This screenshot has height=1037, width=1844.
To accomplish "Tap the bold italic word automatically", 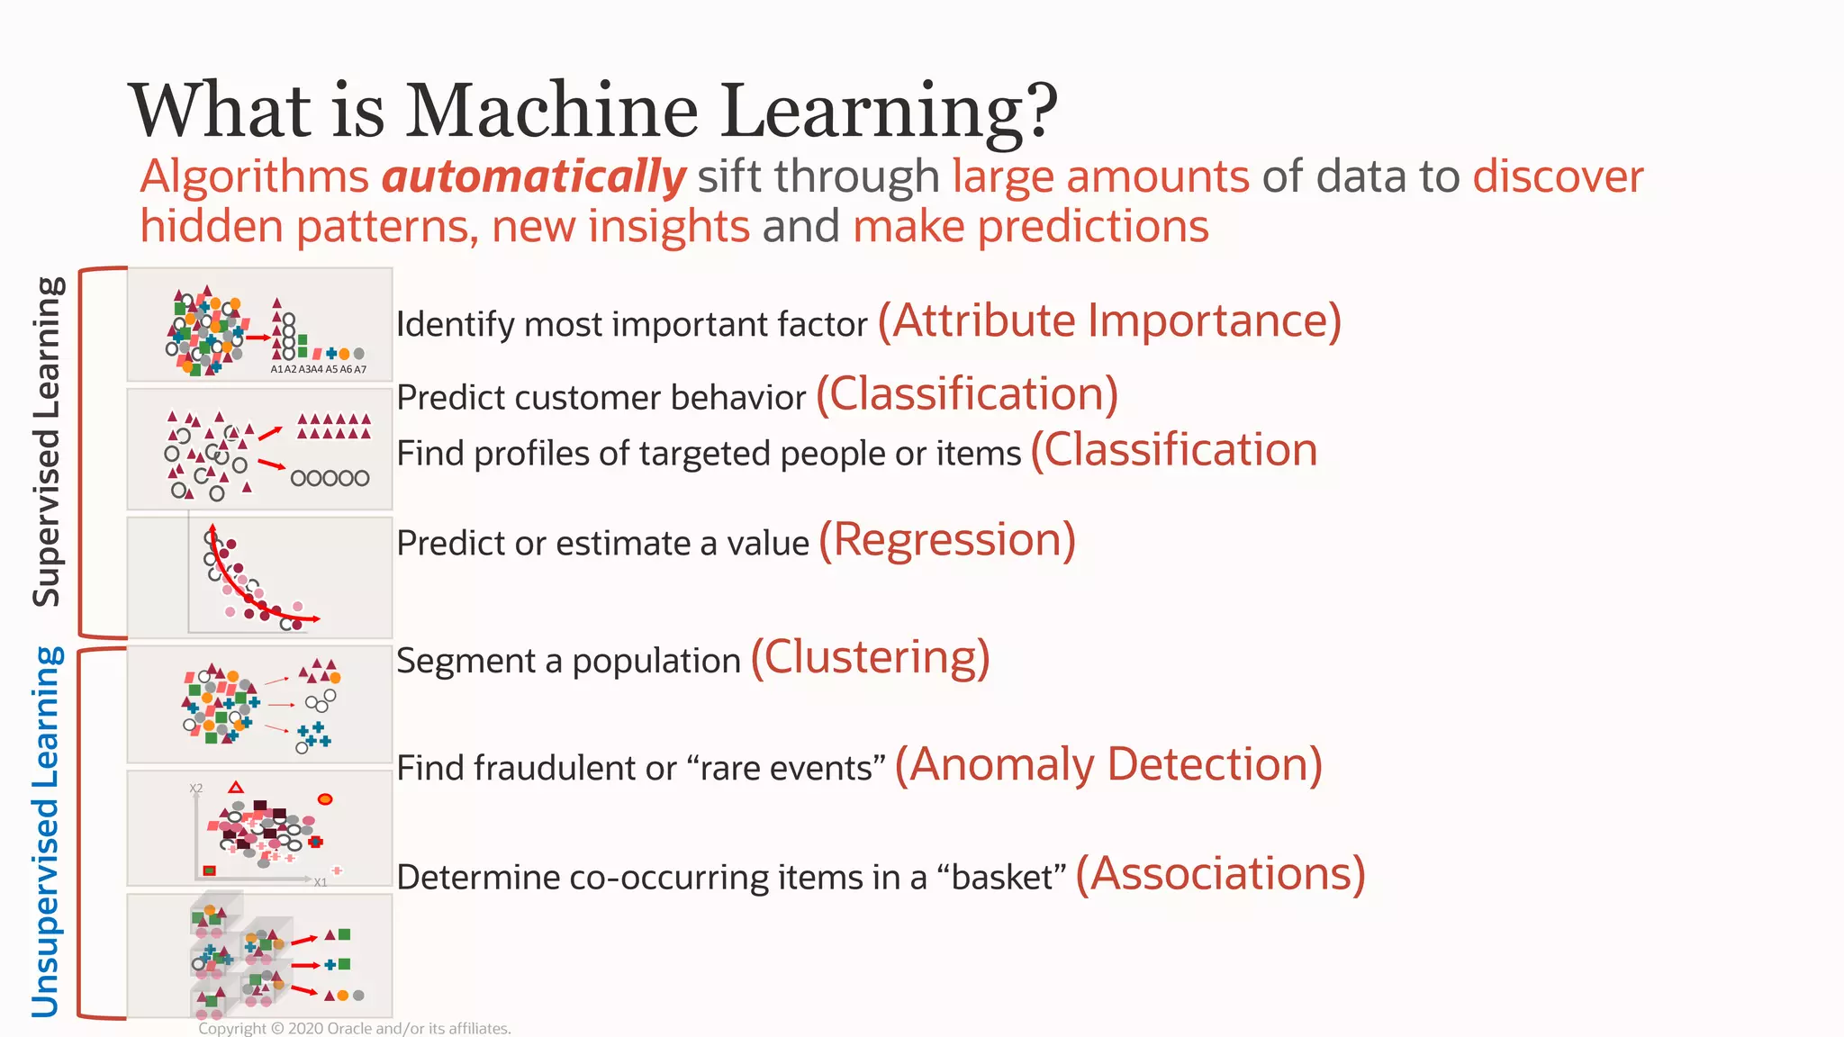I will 534,176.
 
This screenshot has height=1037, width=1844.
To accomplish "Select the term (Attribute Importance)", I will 1109,321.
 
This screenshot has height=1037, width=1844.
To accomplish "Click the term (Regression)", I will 947,541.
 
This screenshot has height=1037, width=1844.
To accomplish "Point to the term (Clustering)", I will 870,658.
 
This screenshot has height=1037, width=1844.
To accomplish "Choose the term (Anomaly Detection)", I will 1108,765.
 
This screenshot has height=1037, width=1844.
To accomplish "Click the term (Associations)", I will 1220,874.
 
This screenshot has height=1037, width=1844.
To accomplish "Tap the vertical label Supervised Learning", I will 47,441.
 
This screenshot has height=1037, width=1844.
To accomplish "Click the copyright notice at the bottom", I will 354,1028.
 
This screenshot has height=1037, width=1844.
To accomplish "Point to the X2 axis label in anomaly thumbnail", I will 196,789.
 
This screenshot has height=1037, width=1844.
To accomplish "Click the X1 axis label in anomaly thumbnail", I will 321,882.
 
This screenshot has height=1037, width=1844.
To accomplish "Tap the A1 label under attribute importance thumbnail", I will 276,369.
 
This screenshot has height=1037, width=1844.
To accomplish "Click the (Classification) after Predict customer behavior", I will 967,395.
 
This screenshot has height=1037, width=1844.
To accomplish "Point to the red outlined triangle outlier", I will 236,788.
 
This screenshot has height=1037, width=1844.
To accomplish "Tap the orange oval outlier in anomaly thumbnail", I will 325,799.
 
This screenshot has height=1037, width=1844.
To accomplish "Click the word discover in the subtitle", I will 1558,176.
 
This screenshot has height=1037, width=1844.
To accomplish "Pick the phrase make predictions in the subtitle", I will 1030,226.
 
